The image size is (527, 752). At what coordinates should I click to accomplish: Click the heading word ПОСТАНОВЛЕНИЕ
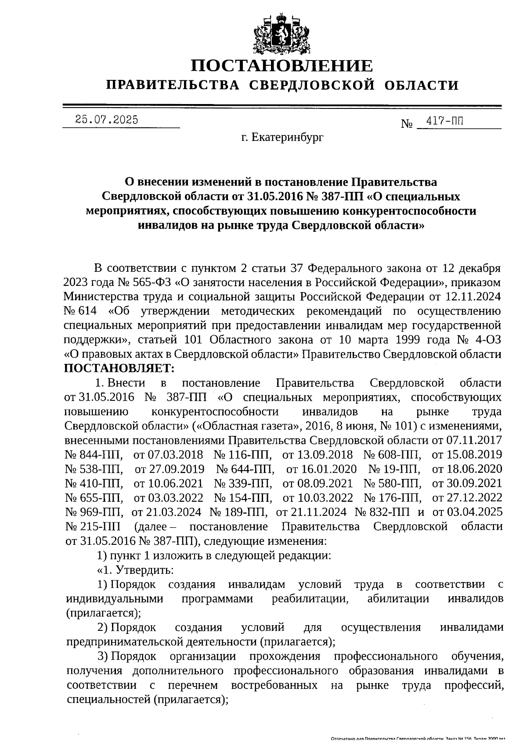click(x=282, y=66)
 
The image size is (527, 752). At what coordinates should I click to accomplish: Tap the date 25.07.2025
click(x=106, y=119)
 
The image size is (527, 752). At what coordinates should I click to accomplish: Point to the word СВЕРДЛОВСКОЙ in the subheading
click(x=312, y=85)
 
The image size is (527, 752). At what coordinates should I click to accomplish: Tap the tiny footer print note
click(x=417, y=740)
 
